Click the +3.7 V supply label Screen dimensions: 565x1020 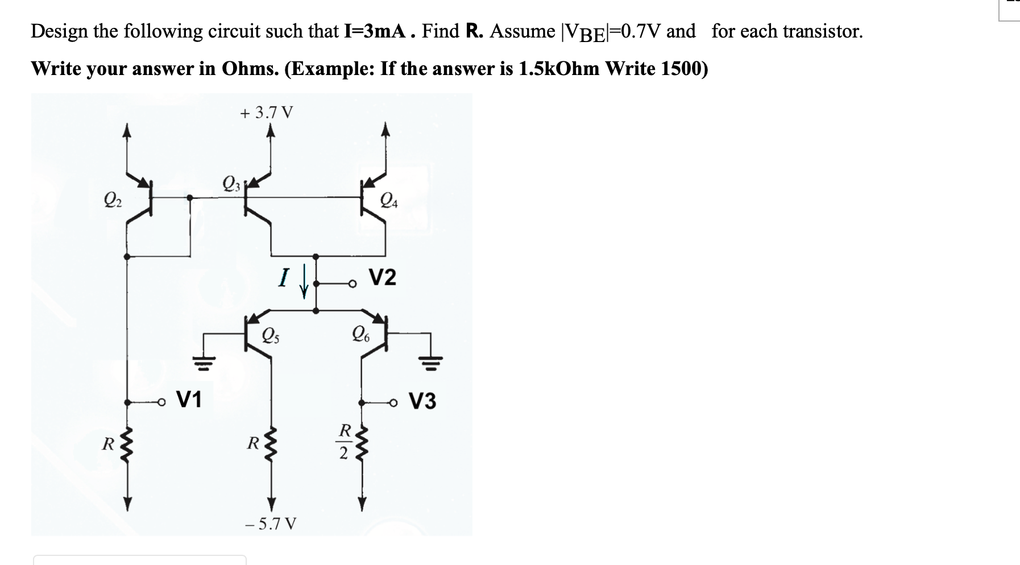[267, 113]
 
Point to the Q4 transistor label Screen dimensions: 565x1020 [389, 200]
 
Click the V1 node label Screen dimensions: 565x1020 [189, 400]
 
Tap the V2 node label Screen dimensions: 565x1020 [383, 278]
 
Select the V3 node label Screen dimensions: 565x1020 [423, 401]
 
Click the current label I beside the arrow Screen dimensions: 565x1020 [281, 278]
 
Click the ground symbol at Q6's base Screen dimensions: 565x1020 [431, 360]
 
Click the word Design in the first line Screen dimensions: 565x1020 [60, 31]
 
